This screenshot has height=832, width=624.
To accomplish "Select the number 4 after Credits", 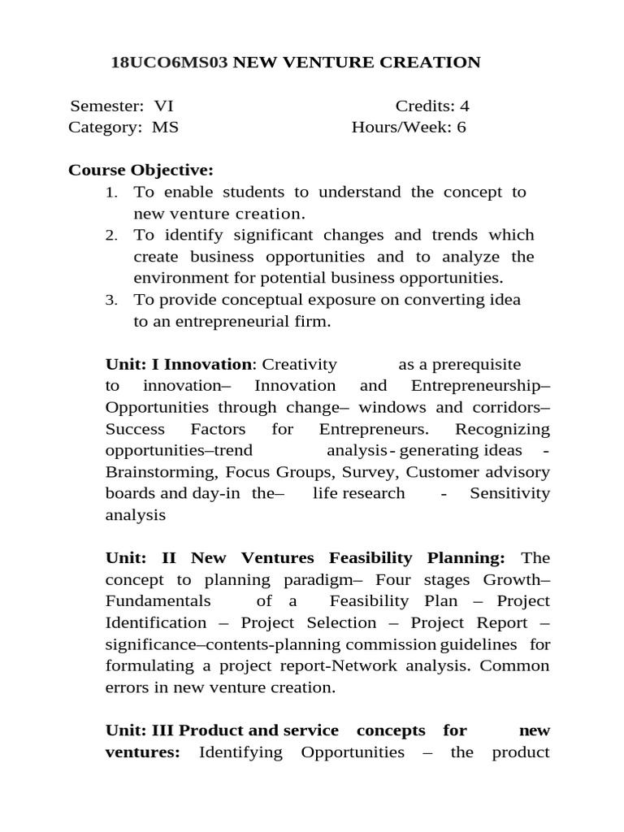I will [464, 106].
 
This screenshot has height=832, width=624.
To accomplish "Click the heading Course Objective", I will [141, 171].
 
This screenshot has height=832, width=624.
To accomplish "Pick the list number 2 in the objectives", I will [111, 236].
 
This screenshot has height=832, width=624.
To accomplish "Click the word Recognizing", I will [502, 429].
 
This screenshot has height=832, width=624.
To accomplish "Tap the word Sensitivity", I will [509, 493].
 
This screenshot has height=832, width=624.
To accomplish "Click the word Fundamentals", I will [158, 601].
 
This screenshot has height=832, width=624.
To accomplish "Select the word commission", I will [391, 644].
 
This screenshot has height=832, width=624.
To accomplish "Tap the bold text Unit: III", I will [140, 730].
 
